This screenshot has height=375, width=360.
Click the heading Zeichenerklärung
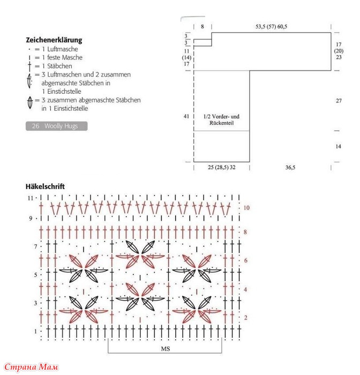tap(54, 40)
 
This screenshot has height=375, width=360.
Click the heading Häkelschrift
tap(45, 186)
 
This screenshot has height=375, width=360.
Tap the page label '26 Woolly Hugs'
tap(56, 126)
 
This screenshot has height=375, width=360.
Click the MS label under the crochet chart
tap(165, 348)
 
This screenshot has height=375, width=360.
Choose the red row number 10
tap(246, 207)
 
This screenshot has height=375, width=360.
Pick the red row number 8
tap(245, 232)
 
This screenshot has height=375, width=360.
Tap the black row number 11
tap(31, 198)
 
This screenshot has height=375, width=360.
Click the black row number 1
tap(36, 332)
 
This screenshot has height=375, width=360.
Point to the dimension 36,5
tap(290, 168)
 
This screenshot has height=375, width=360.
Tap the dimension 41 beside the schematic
tap(186, 116)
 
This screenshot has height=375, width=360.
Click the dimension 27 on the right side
tap(339, 101)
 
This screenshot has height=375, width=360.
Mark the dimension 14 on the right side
tap(339, 146)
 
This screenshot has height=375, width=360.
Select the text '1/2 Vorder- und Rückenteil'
tap(221, 119)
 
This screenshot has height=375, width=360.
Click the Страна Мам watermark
tap(31, 367)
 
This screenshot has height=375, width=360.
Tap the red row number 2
tap(245, 318)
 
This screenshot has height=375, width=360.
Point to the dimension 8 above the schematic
tap(202, 26)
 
